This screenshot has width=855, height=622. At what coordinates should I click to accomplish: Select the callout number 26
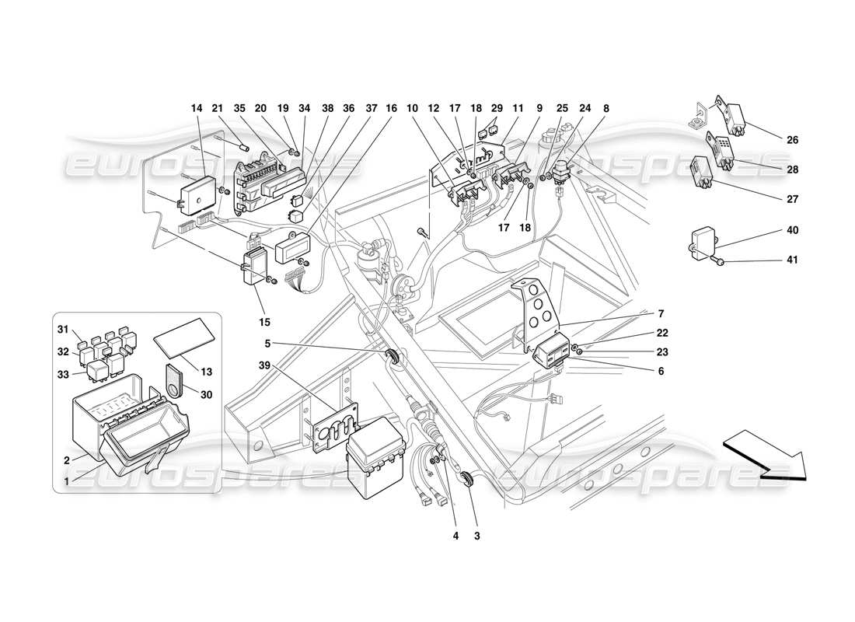coord(792,141)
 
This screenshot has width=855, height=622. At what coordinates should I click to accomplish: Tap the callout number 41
coord(792,260)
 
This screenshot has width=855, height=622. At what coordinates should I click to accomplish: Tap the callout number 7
coord(661,314)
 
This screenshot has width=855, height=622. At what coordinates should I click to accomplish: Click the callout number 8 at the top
coord(606,109)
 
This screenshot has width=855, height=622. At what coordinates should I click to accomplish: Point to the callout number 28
coord(792,169)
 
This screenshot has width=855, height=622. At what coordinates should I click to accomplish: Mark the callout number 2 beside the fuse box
coord(67,460)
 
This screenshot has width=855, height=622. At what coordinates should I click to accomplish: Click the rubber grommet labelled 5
coord(396,358)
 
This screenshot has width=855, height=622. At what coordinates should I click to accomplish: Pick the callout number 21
coord(218,109)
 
